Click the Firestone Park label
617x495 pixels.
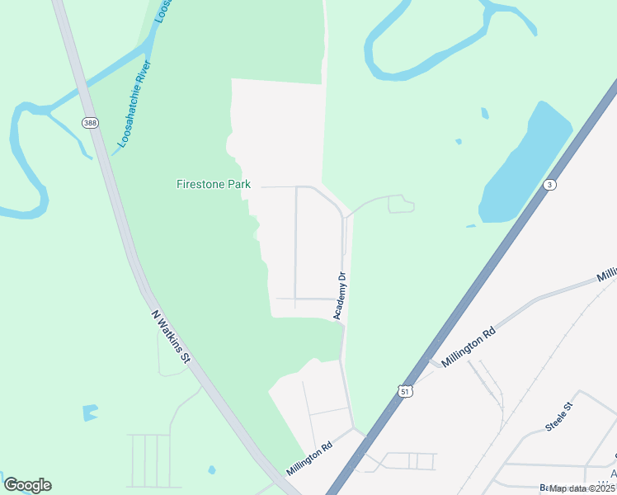[x=214, y=184]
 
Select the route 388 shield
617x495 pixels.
[x=89, y=122]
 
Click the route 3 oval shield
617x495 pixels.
[x=549, y=185]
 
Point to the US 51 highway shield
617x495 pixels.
[x=403, y=389]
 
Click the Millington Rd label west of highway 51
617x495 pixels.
[x=309, y=457]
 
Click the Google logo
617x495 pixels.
[x=27, y=485]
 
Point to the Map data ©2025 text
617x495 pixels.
[x=582, y=488]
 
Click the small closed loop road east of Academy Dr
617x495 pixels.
[x=401, y=205]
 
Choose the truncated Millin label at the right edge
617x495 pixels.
[x=607, y=274]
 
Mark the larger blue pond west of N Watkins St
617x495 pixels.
[x=90, y=412]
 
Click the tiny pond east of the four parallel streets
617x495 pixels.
[x=212, y=470]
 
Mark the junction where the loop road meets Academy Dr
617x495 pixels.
[x=346, y=218]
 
